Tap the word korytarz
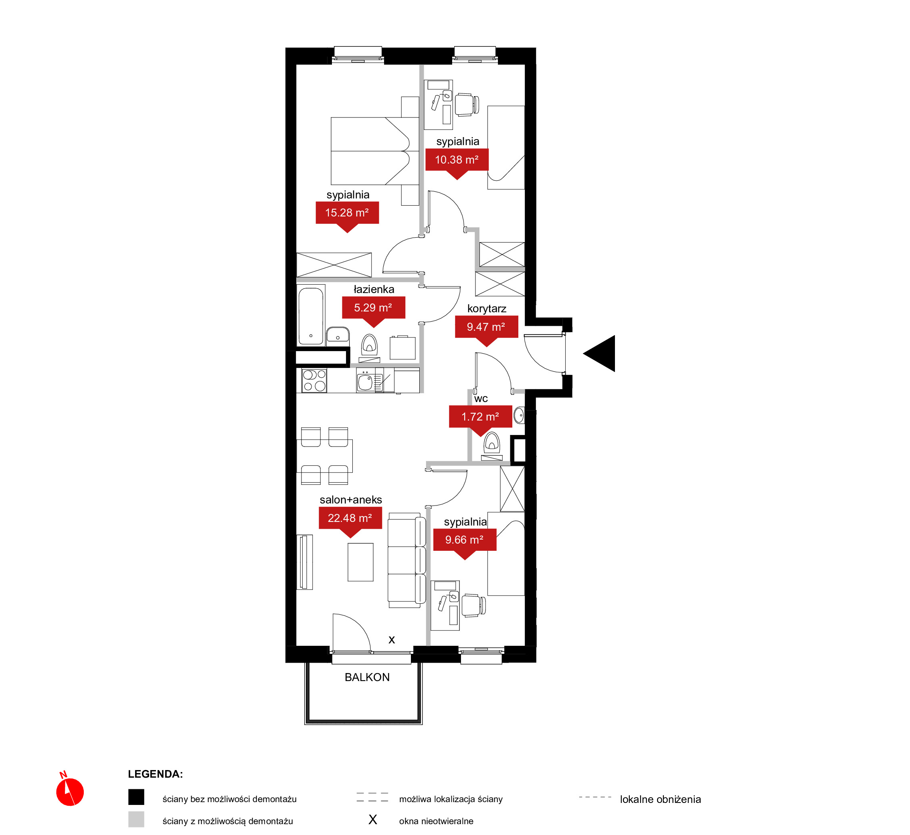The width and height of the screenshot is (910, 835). [487, 309]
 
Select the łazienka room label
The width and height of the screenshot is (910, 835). [374, 289]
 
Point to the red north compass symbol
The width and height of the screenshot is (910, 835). [70, 790]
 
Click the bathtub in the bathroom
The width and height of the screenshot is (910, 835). [311, 316]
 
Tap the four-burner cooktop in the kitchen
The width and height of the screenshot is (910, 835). [314, 380]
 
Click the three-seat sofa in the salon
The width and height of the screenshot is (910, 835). [406, 560]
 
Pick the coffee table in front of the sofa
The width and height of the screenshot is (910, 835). [360, 562]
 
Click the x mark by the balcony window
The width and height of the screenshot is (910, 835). [392, 640]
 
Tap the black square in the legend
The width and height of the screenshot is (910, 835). [136, 797]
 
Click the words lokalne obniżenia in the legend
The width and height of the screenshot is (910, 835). [660, 799]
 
